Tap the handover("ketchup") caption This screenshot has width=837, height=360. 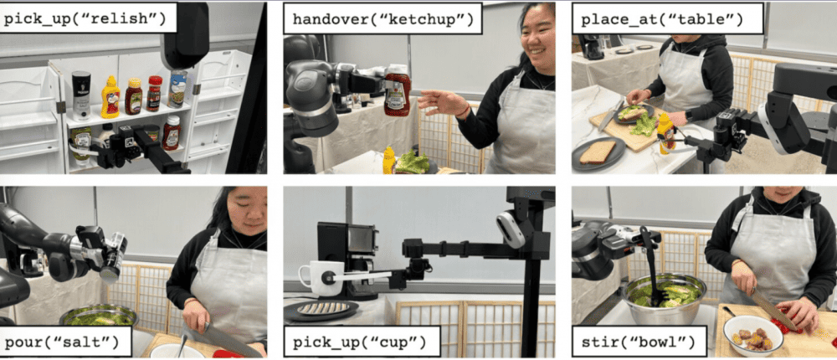383,20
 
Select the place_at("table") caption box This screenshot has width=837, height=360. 667,20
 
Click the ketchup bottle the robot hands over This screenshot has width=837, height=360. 397,90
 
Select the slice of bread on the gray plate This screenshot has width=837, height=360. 598,152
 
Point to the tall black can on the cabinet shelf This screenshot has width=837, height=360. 81,95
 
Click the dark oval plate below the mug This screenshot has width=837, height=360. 321,309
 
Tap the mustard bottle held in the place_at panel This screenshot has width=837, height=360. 665,133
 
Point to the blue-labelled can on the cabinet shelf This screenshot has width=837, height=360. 177,89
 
